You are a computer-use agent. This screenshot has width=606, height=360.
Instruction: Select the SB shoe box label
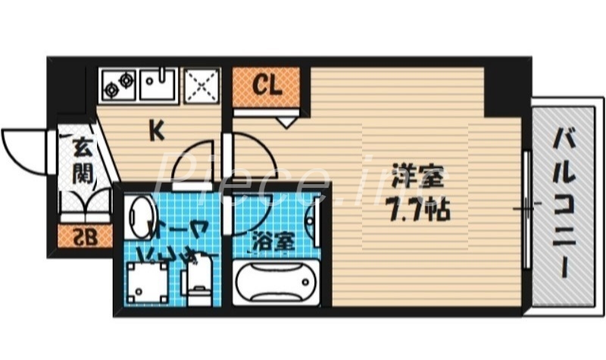[85, 237]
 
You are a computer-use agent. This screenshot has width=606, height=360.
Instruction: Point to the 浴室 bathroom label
[274, 243]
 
